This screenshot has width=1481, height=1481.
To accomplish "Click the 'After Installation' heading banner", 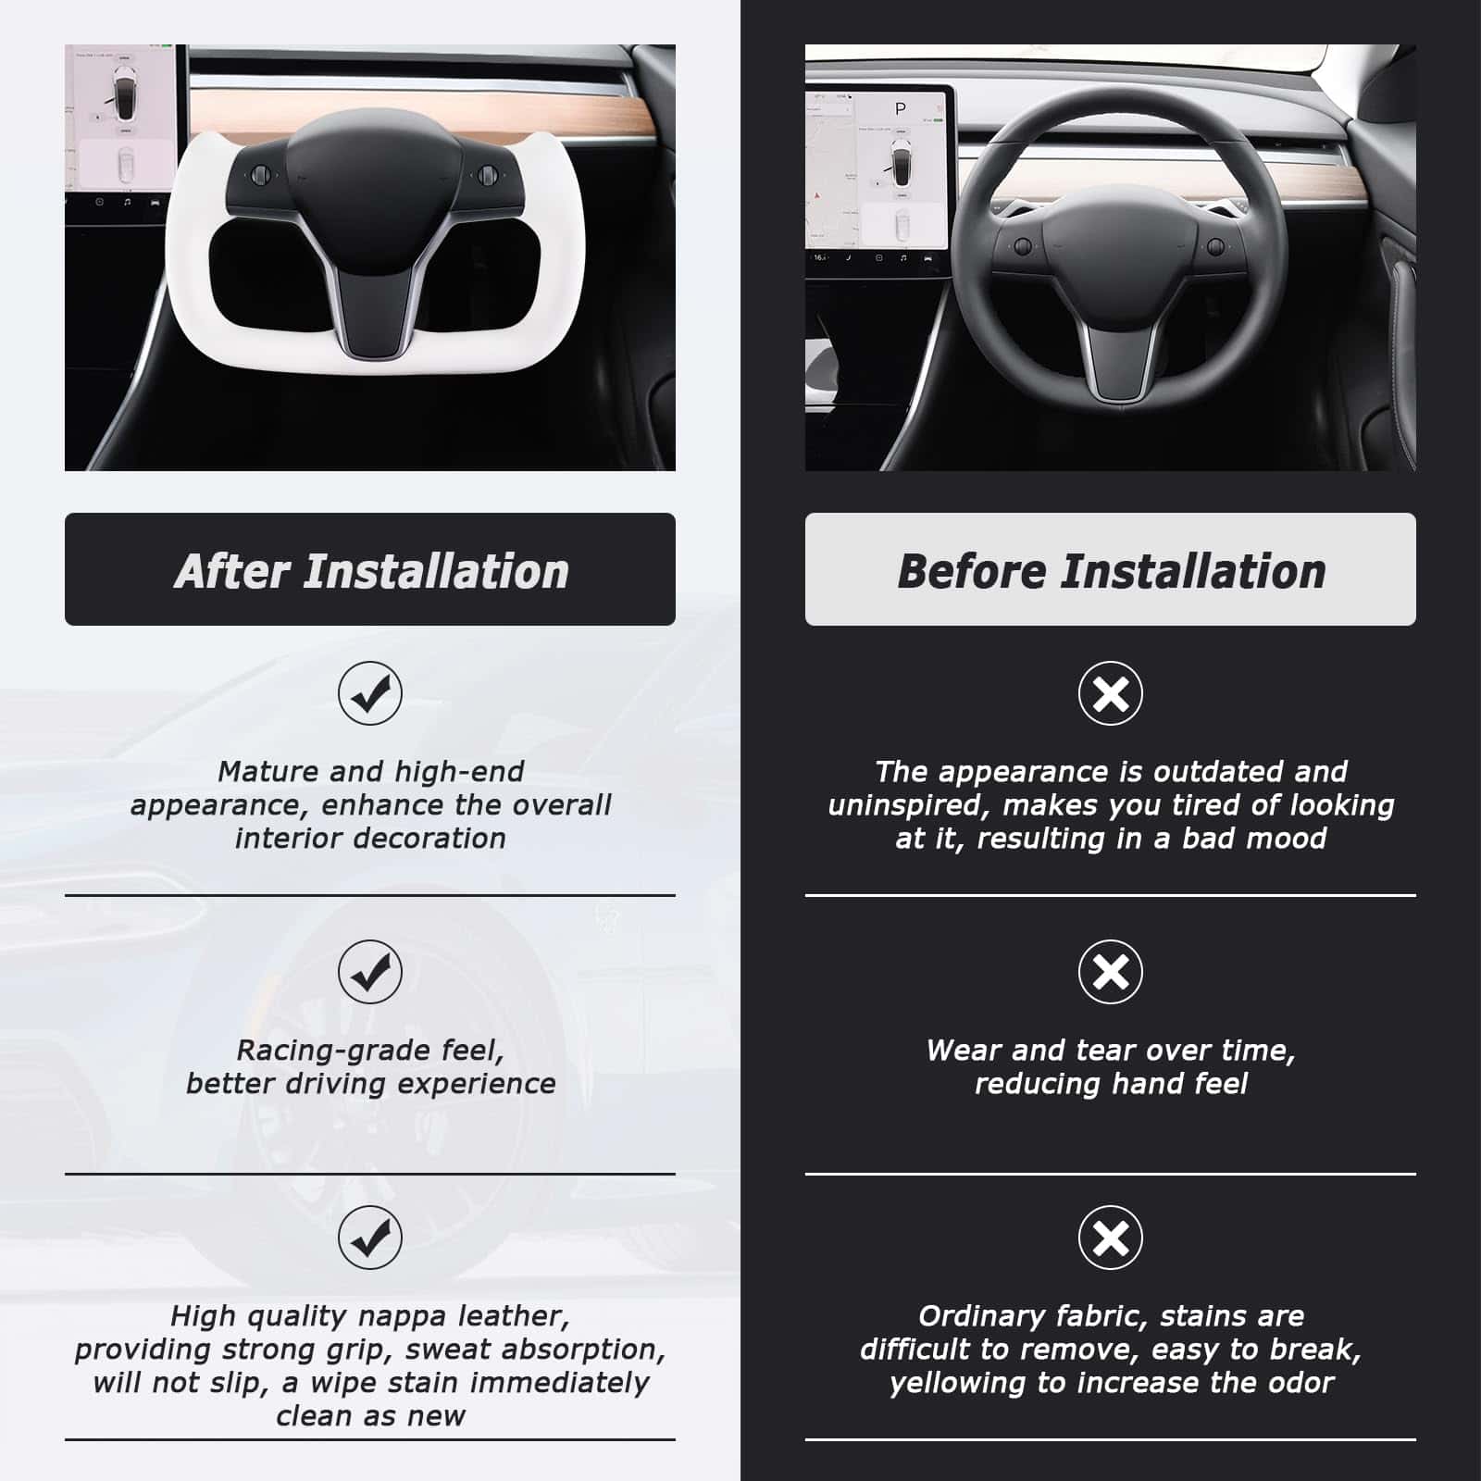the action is tap(370, 569).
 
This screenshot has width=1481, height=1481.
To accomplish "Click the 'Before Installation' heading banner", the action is tap(1111, 569).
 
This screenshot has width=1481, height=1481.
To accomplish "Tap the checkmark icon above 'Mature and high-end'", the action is tap(370, 693).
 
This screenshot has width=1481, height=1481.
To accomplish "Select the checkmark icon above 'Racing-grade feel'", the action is tap(370, 972).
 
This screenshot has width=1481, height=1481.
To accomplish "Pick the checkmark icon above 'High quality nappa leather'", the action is tap(370, 1238).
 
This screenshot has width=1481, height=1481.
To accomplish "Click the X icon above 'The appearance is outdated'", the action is tap(1111, 693).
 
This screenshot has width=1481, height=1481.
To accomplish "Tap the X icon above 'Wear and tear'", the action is tap(1111, 972).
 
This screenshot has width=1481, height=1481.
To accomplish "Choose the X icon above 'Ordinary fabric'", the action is tap(1111, 1238).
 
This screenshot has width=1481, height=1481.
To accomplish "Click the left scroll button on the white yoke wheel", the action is tap(260, 174).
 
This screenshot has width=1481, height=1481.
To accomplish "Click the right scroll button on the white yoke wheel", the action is tap(484, 175).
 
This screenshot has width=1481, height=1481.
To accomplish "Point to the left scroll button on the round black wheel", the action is tap(1023, 246).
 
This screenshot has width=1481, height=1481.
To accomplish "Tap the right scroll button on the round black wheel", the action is tap(1216, 246).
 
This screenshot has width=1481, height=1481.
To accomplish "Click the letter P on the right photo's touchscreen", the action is tap(900, 109).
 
